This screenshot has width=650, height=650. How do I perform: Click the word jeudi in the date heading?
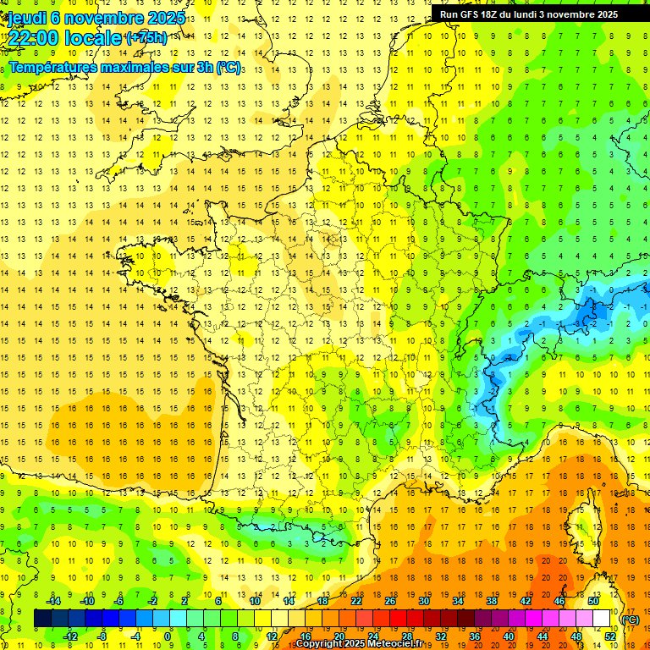point(27,18)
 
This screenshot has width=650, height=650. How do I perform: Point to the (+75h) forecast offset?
point(146,38)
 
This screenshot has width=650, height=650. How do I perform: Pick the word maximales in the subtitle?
point(141,67)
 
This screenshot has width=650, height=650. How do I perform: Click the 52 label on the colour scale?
point(610,636)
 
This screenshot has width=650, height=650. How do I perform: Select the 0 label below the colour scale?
point(168,636)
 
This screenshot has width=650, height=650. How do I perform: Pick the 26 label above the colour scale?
point(390,601)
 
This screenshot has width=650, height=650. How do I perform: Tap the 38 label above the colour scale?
point(491,601)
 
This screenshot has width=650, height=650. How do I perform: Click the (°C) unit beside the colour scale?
point(631,620)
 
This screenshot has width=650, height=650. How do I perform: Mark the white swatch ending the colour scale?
point(602,619)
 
